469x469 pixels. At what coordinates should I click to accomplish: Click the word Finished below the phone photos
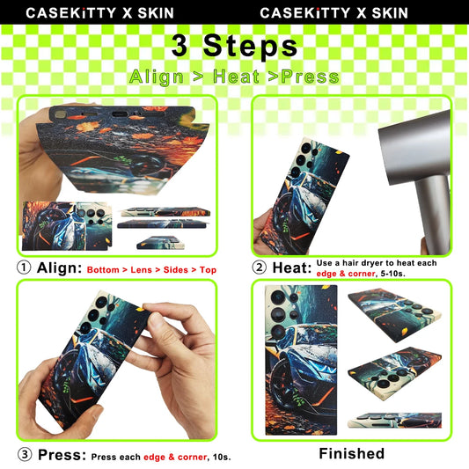pyautogui.click(x=351, y=454)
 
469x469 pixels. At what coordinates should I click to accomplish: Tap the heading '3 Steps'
pyautogui.click(x=234, y=46)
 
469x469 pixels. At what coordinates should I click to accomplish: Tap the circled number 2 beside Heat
pyautogui.click(x=260, y=267)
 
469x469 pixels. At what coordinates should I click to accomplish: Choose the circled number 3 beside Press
pyautogui.click(x=25, y=455)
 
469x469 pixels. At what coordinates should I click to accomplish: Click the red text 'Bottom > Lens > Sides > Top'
pyautogui.click(x=153, y=269)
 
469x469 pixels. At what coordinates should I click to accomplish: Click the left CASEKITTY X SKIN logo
pyautogui.click(x=99, y=12)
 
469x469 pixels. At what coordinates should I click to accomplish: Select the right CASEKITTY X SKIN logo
pyautogui.click(x=334, y=12)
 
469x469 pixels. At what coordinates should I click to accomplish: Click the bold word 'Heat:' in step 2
pyautogui.click(x=293, y=267)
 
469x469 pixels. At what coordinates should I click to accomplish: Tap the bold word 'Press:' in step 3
pyautogui.click(x=62, y=455)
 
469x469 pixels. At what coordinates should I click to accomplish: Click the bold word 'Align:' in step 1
pyautogui.click(x=59, y=267)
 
